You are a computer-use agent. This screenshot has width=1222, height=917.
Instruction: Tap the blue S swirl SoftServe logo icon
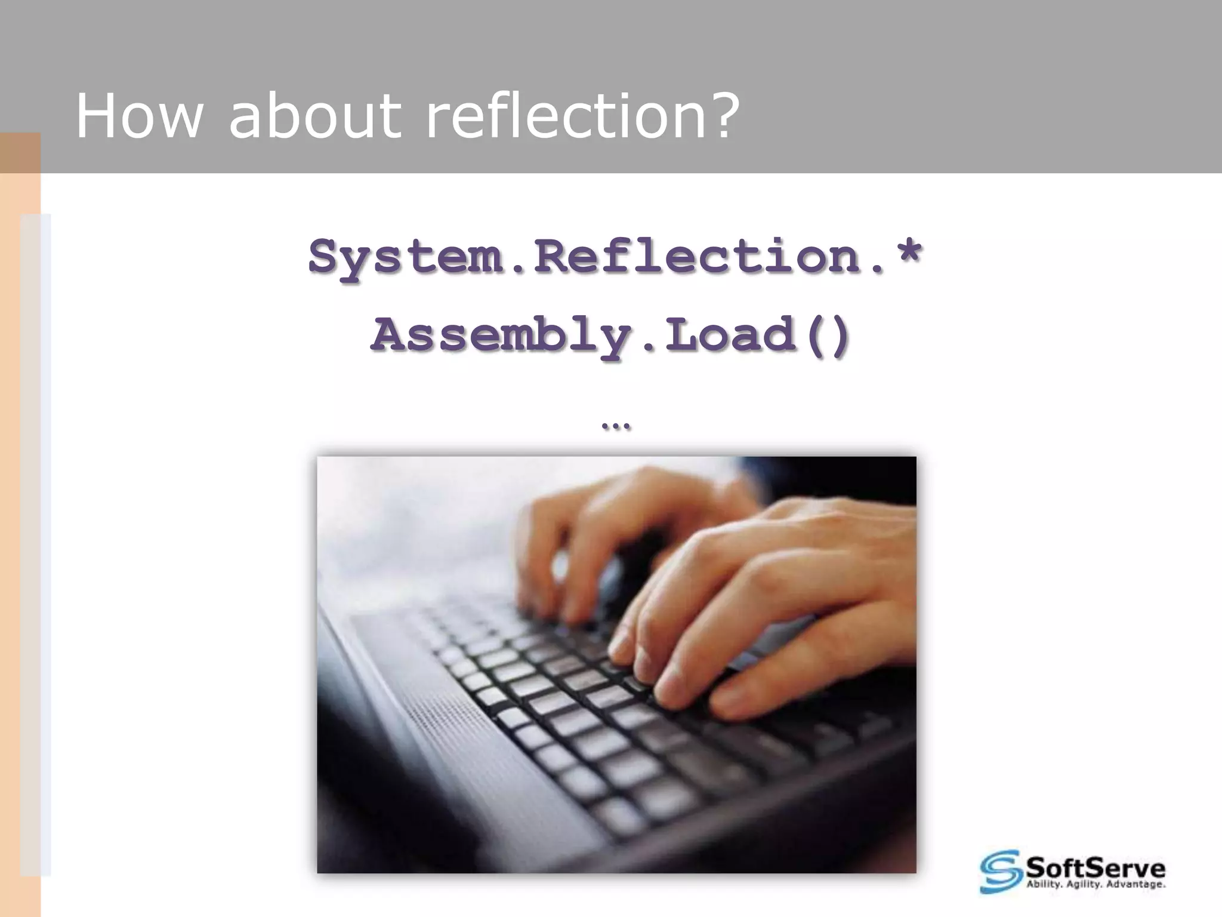point(1001,871)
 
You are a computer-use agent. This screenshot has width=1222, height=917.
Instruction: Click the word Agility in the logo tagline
point(1087,885)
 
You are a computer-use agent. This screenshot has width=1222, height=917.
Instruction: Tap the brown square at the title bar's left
point(20,153)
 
